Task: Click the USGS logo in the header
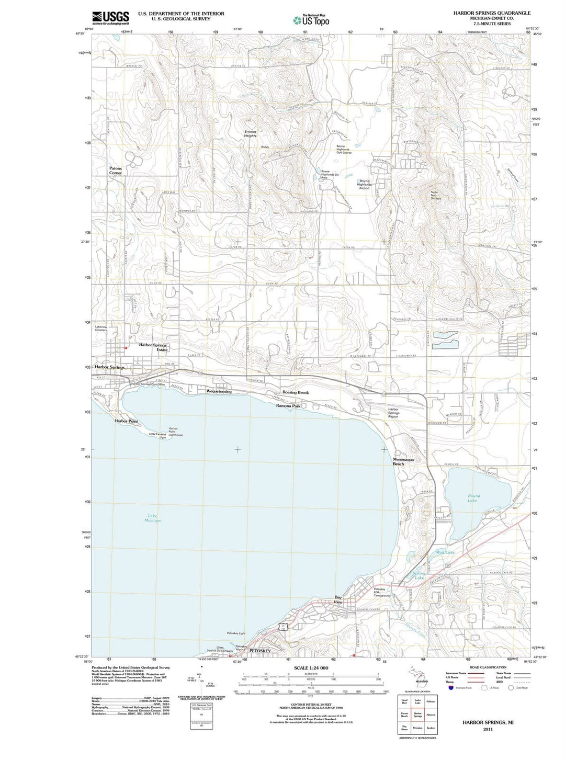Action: coord(110,18)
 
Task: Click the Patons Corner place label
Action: coord(115,171)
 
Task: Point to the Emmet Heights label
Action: coord(250,133)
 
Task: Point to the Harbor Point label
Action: coord(126,421)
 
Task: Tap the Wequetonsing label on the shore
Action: coord(219,391)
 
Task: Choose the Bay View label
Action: coord(338,599)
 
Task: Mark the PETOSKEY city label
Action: coord(260,650)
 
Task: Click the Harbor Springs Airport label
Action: coord(393,413)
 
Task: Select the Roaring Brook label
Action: coord(296,392)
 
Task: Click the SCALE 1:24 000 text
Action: coord(311,668)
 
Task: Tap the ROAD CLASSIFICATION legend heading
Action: coord(488,667)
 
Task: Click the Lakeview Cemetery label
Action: coord(101,328)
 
